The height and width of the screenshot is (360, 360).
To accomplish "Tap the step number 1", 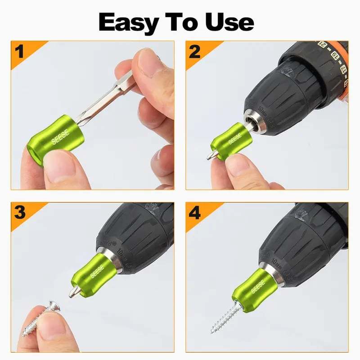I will (x=19, y=52).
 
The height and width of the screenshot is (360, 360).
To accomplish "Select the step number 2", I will (x=194, y=52).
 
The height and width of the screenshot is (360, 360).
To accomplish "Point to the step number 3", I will (x=19, y=212).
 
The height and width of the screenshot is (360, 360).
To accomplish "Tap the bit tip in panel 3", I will (x=72, y=292).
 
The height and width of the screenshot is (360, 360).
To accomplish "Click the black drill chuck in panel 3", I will (x=135, y=234).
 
